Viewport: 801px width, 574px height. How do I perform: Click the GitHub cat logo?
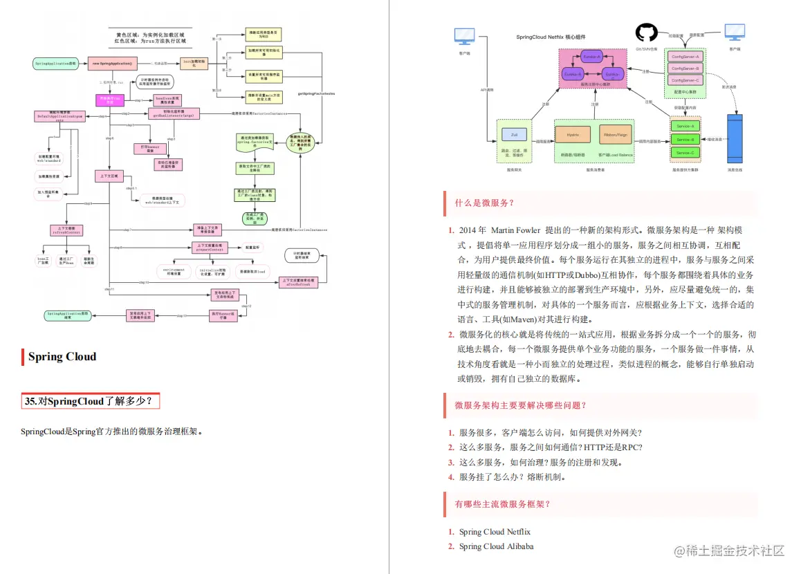coord(646,33)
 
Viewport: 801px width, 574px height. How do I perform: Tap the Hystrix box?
coord(573,134)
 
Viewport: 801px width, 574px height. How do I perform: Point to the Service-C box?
coord(685,152)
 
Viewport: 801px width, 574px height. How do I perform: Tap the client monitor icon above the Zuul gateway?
coord(464,36)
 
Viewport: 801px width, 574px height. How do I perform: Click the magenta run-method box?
coord(109,100)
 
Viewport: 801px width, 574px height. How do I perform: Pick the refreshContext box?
coord(67,230)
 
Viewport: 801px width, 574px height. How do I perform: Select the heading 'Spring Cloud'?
coord(62,357)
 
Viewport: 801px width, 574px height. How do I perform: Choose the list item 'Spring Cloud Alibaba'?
coord(496,546)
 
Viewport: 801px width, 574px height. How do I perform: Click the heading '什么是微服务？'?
coord(484,203)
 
